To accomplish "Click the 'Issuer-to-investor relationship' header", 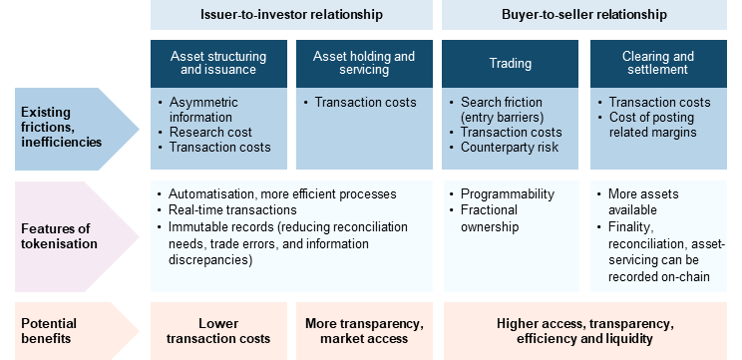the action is coord(291,15).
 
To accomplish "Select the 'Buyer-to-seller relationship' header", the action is coord(584,15).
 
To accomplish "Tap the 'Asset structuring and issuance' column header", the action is coord(218,64).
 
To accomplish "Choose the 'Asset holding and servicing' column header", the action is coord(364,64).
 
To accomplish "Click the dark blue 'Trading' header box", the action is coord(511,64).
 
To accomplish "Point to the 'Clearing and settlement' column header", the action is coord(658,64).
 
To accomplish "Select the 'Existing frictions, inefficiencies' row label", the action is coord(62,128).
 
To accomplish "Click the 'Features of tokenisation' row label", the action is coord(59,236).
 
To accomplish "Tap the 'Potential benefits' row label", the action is coord(49,331).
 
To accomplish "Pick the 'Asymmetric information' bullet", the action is coord(200,110).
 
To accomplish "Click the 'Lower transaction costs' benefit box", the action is coord(218,331).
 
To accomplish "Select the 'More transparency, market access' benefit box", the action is coord(364,331).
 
